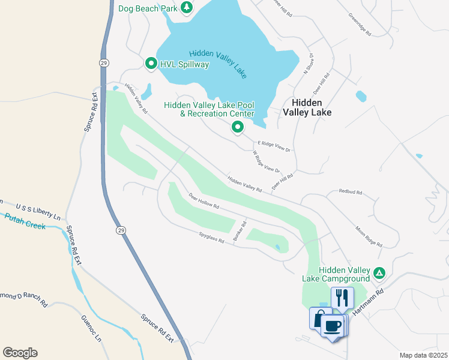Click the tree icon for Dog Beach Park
pos(187,7)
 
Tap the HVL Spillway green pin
pos(151,63)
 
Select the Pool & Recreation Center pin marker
pos(238,127)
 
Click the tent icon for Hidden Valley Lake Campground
pos(379,272)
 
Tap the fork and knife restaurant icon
pos(342,296)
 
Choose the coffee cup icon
pos(332,326)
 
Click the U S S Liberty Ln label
pos(38,207)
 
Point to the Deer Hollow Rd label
pos(204,200)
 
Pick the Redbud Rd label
pos(351,193)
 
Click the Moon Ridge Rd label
pos(369,236)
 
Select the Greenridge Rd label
pos(360,22)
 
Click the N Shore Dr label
pos(309,63)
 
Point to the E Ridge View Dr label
pos(274,146)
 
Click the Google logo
pos(20,352)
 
